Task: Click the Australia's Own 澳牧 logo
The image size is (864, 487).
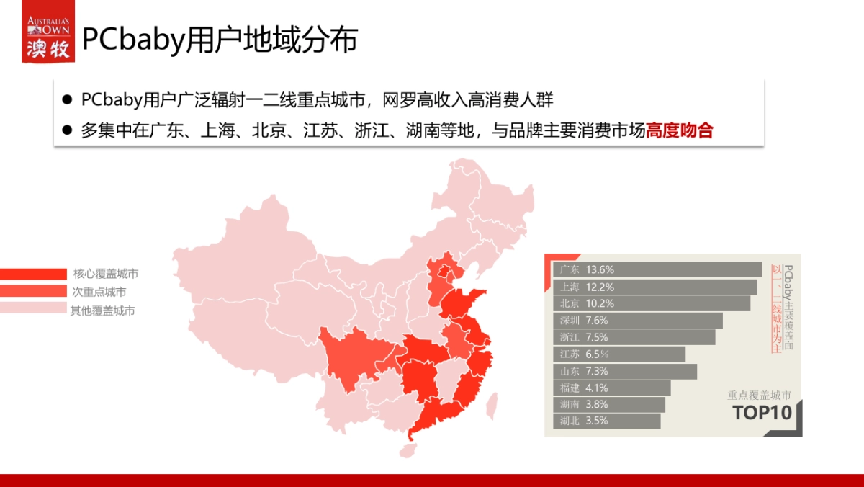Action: [x=48, y=37]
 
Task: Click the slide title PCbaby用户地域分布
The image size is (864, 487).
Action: [x=220, y=40]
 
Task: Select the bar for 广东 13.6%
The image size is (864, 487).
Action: [x=658, y=269]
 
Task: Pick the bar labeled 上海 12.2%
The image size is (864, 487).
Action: [x=656, y=287]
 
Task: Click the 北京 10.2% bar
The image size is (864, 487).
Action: [x=652, y=303]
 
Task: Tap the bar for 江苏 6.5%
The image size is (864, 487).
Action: [x=620, y=354]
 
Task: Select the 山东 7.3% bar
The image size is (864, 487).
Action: [x=626, y=371]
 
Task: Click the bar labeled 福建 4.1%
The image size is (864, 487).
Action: [x=613, y=388]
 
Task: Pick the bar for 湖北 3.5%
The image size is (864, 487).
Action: [x=608, y=421]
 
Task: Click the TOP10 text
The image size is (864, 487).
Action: [x=762, y=414]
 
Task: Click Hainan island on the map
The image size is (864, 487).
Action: [x=408, y=450]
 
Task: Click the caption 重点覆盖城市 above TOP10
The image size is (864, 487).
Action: [x=759, y=395]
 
